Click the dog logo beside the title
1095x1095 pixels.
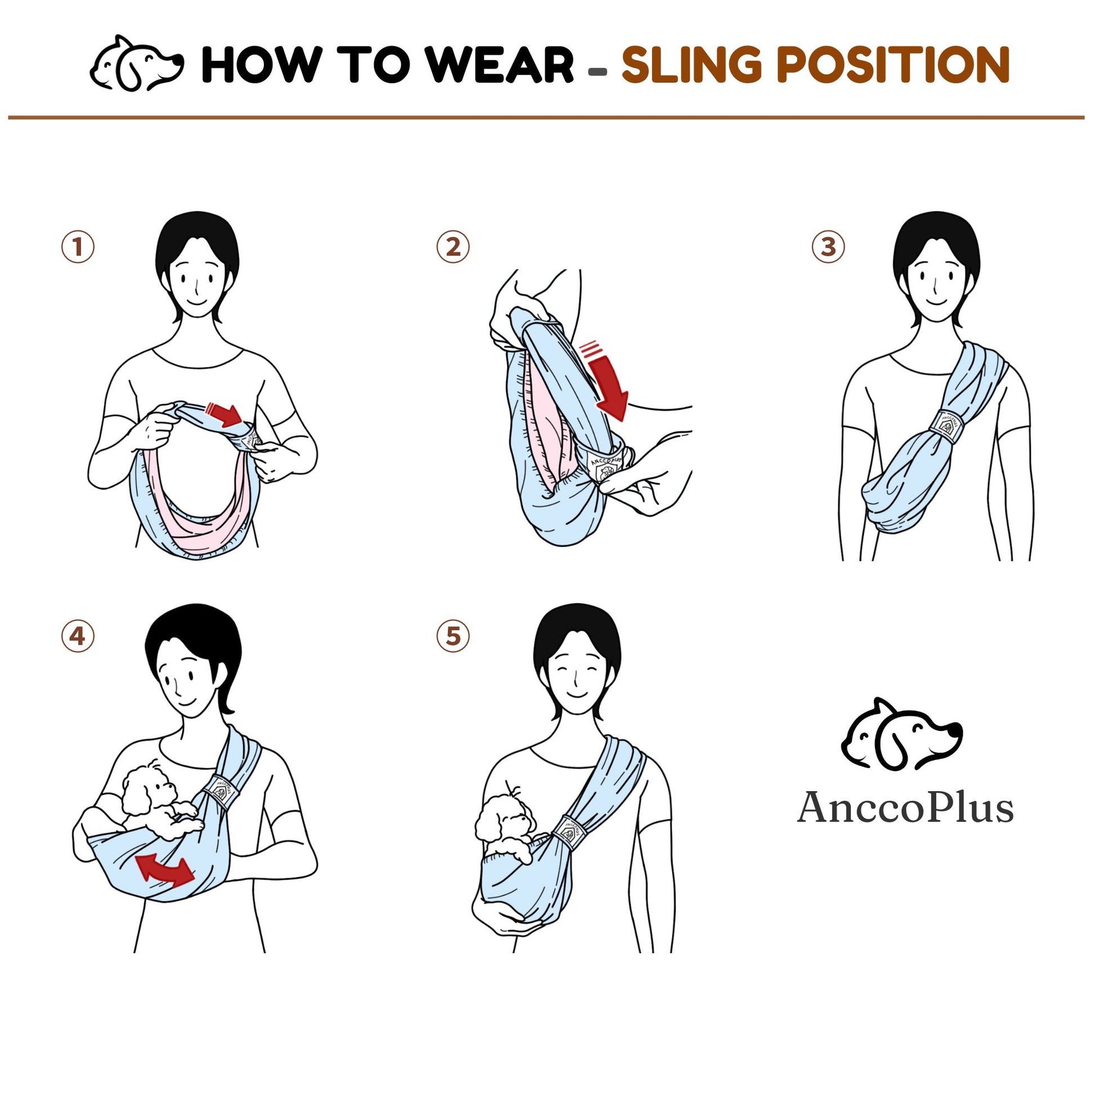point(137,64)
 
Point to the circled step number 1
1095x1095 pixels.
point(78,247)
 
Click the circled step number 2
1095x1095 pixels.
point(453,247)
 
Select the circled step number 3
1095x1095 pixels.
point(828,247)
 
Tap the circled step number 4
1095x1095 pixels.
point(78,636)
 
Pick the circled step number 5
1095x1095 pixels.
point(453,636)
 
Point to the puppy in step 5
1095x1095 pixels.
point(505,825)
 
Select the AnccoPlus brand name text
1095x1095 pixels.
point(905,807)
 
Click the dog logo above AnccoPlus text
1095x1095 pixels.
point(901,734)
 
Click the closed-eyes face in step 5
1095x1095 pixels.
point(573,678)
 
